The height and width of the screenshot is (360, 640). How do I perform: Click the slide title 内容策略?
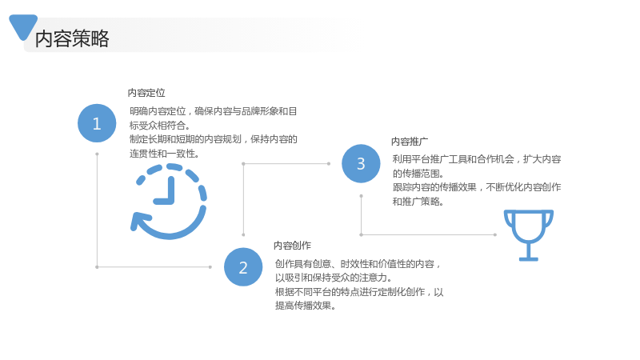click(x=72, y=38)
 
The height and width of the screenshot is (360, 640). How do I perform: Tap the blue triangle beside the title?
click(x=23, y=26)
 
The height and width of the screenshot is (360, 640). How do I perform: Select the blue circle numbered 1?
click(x=97, y=123)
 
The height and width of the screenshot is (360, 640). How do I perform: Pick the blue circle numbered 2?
click(x=243, y=267)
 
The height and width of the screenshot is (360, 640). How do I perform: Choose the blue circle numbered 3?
click(x=361, y=164)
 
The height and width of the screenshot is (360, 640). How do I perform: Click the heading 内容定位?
click(x=146, y=93)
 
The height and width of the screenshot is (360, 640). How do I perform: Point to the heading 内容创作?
click(x=292, y=246)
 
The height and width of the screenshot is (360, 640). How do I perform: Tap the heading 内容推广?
click(x=410, y=142)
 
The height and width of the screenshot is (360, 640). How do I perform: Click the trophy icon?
click(x=529, y=235)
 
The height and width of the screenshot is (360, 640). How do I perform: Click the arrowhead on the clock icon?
click(x=138, y=222)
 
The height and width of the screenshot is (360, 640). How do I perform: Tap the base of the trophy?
click(x=529, y=258)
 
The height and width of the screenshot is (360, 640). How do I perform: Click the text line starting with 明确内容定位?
click(x=214, y=111)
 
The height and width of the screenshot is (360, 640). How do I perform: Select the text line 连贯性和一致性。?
click(x=164, y=154)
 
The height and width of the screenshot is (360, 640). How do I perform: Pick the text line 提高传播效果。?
click(x=306, y=306)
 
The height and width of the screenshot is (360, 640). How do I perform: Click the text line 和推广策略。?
click(x=418, y=202)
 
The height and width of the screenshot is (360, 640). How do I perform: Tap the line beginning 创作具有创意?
click(x=358, y=264)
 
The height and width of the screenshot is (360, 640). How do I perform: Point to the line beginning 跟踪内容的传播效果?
click(x=477, y=187)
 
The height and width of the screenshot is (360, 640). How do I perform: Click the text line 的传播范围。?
click(x=418, y=174)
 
